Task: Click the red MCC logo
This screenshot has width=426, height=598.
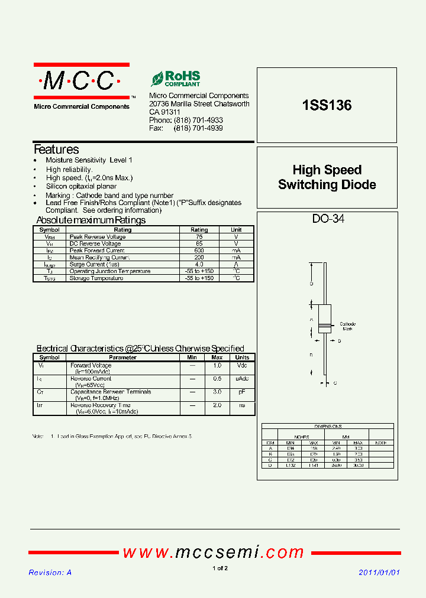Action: coord(82,82)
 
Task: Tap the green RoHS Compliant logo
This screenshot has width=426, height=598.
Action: coord(176,79)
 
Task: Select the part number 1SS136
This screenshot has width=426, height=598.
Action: coord(327,106)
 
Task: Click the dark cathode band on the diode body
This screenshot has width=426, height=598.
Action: coord(324,326)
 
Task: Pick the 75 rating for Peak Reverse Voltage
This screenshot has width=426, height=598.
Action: coord(199,236)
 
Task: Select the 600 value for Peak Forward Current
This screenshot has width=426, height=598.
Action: coord(199,251)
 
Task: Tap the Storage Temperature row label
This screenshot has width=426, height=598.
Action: coord(96,278)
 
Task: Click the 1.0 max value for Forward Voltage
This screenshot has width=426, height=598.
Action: coord(217,366)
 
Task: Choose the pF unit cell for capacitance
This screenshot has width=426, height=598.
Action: coord(242,392)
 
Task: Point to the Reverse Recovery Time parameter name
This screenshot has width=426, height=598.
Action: coord(100,405)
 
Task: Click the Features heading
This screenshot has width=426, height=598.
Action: coord(56,149)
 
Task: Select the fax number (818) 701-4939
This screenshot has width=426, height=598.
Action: coord(198,128)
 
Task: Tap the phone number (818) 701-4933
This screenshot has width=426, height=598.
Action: coord(198,120)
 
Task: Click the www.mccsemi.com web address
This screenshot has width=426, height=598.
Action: coord(213,552)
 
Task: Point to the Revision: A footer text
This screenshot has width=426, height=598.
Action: coord(50,573)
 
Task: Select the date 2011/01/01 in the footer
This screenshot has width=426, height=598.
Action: coord(379,573)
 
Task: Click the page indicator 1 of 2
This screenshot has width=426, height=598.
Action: coord(220,568)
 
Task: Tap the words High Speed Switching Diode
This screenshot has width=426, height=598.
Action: coord(327,177)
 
